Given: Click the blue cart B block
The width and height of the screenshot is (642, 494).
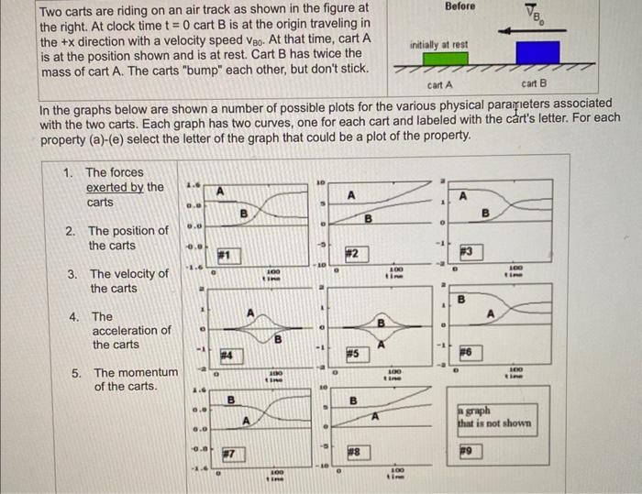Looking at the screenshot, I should [x=537, y=53].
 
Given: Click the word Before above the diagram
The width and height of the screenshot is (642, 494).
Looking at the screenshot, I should [x=460, y=6].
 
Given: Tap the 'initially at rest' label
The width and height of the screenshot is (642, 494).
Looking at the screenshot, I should [x=439, y=43].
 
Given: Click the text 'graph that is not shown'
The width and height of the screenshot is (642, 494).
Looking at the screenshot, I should [x=494, y=417].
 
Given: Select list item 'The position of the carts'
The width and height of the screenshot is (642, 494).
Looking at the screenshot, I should [x=127, y=238].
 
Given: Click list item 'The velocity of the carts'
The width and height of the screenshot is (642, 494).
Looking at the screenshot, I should [x=128, y=280].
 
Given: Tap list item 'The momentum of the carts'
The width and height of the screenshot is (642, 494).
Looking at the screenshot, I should [x=135, y=379].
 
